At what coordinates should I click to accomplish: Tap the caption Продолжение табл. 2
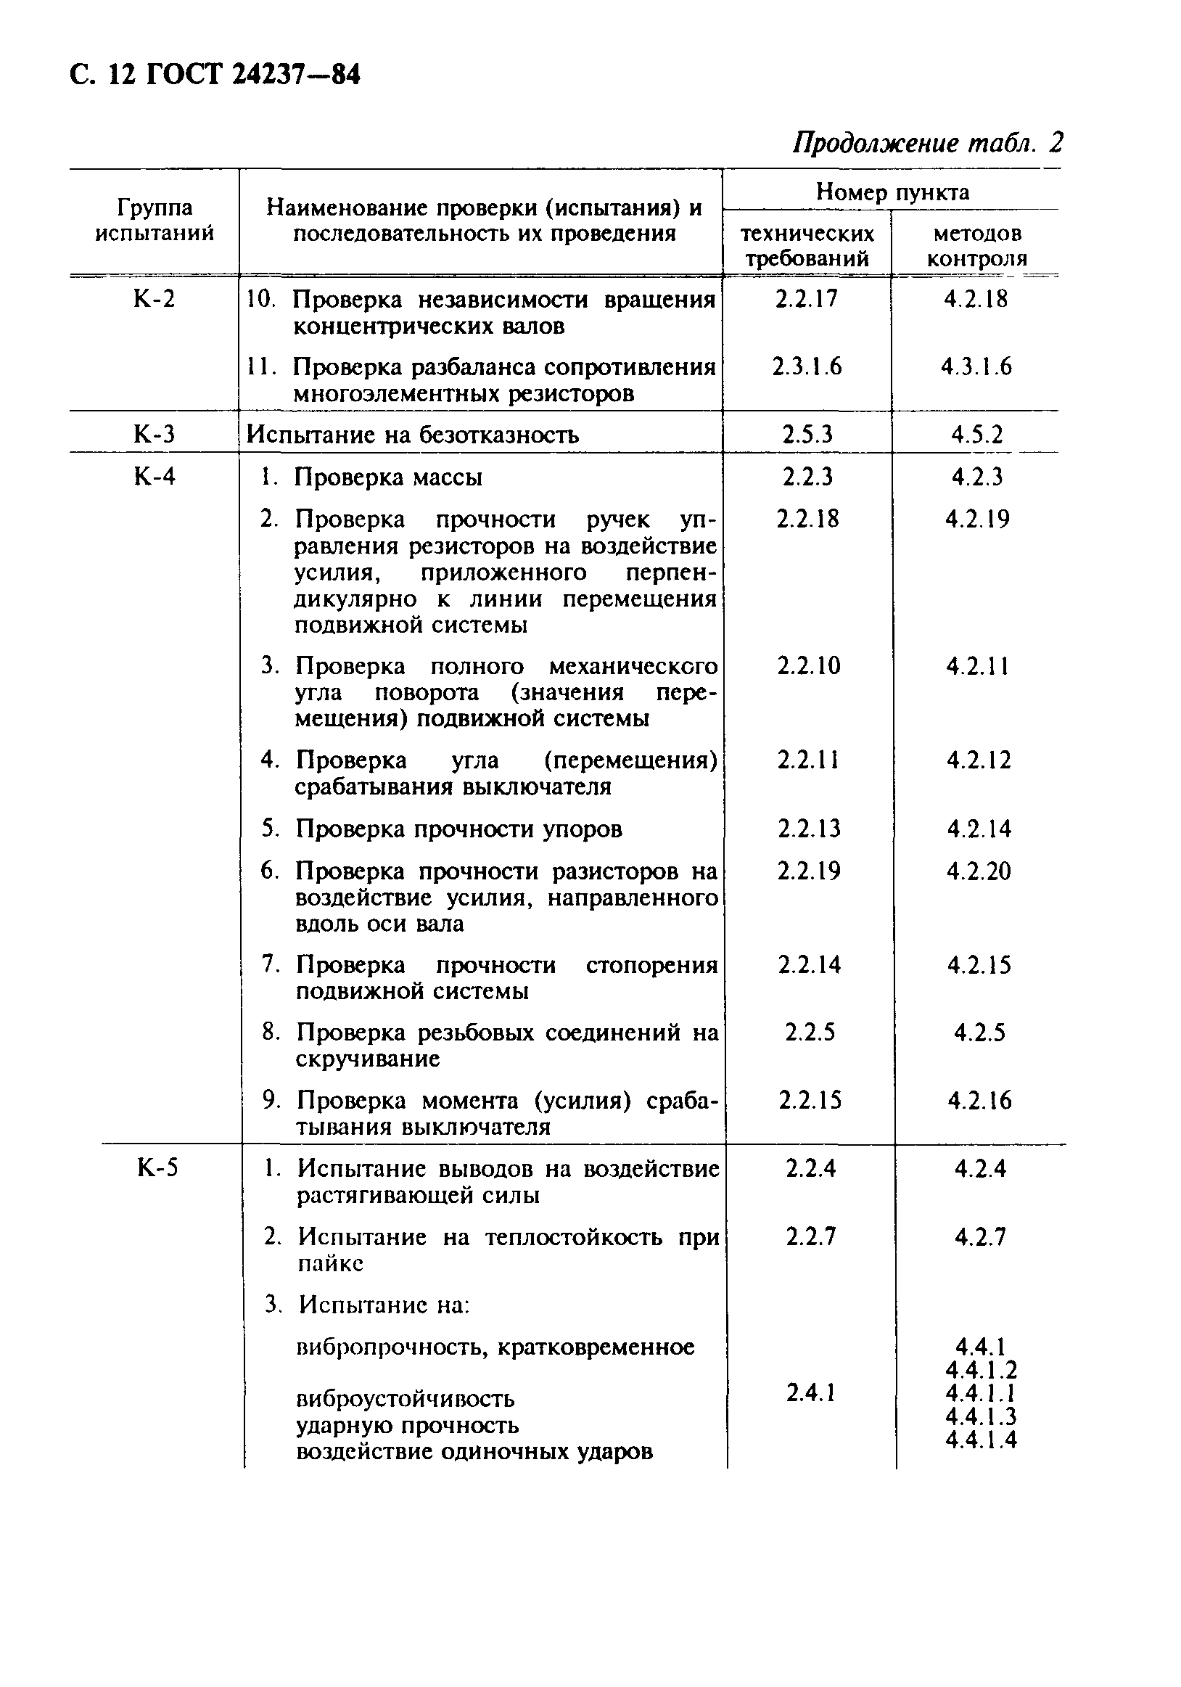point(927,141)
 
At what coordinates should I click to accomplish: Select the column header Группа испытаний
point(155,221)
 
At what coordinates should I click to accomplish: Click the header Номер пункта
point(892,192)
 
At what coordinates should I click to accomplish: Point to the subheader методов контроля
point(976,246)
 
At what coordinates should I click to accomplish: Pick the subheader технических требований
point(807,246)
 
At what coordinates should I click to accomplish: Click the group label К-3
point(155,434)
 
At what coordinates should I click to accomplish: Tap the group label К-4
point(155,476)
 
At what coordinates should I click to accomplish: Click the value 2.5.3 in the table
point(807,435)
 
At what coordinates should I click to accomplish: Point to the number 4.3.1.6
point(976,366)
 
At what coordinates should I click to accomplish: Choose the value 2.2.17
point(807,299)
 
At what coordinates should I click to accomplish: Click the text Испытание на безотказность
point(412,435)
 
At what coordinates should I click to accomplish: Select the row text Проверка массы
point(389,477)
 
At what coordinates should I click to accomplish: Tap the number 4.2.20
point(979,871)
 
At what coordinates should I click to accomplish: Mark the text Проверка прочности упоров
point(459,829)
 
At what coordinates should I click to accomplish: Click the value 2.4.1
point(810,1392)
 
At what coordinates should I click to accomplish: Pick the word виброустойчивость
point(406,1397)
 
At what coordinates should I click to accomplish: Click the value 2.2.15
point(810,1100)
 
